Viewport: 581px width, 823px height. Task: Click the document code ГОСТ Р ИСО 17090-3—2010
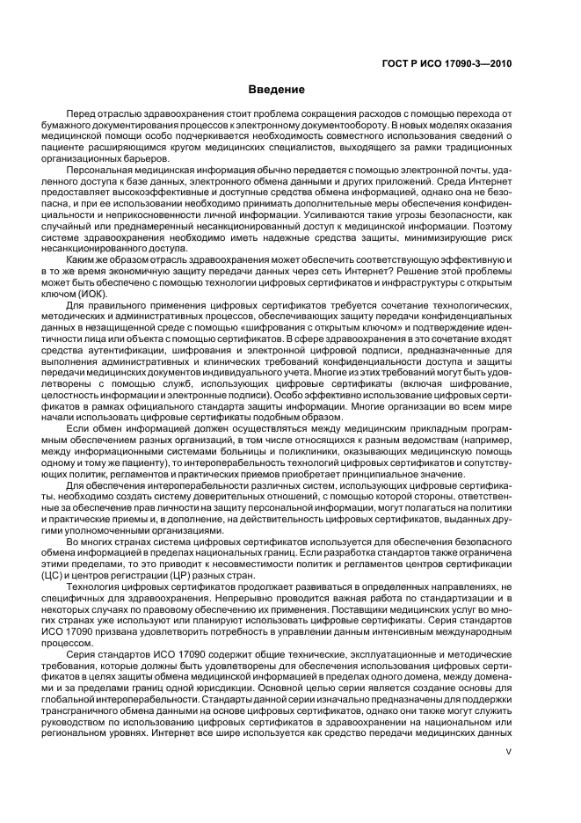coord(449,62)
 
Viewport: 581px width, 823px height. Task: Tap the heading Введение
coord(277,90)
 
